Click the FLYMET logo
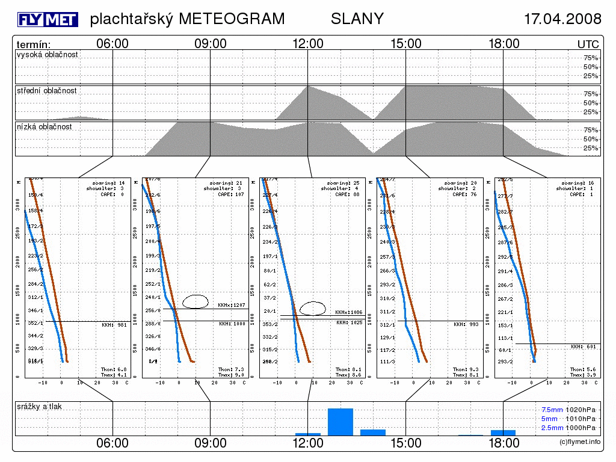(48, 20)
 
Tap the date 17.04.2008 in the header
(562, 19)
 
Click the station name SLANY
(357, 19)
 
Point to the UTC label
(588, 45)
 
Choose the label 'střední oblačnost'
(47, 91)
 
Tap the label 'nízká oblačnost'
(45, 127)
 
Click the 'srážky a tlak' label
(40, 407)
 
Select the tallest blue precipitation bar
(340, 422)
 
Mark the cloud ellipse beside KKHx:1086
(313, 308)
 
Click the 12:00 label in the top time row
(308, 44)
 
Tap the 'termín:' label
(34, 45)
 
